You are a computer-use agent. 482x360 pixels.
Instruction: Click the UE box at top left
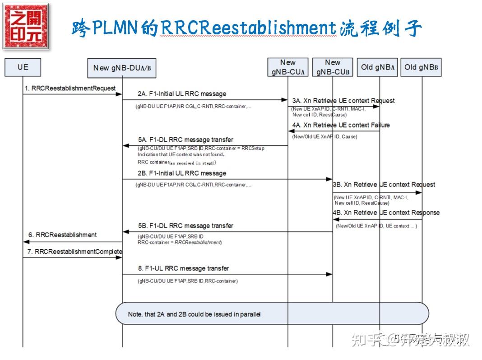[x=23, y=67]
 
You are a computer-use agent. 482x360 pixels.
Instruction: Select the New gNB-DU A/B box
[x=121, y=68]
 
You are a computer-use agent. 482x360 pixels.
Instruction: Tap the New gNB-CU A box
[x=287, y=67]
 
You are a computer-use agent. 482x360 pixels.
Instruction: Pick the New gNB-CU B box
[x=332, y=67]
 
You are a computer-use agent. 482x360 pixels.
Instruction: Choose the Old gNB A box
[x=378, y=67]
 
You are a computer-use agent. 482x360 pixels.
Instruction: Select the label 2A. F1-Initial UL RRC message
[x=182, y=94]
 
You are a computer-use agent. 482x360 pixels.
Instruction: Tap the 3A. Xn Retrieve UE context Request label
[x=343, y=101]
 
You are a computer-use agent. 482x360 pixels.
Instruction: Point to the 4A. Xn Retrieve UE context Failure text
[x=341, y=125]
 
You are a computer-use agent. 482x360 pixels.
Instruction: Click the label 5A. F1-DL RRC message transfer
[x=185, y=140]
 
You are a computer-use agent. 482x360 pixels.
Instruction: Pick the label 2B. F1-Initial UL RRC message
[x=182, y=173]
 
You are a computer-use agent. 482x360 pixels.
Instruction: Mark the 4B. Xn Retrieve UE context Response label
[x=386, y=212]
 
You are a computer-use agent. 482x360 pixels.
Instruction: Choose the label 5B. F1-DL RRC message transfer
[x=185, y=225]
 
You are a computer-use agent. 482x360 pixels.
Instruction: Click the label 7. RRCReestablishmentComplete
[x=74, y=251]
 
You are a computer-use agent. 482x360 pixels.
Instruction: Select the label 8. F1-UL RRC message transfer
[x=183, y=268]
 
